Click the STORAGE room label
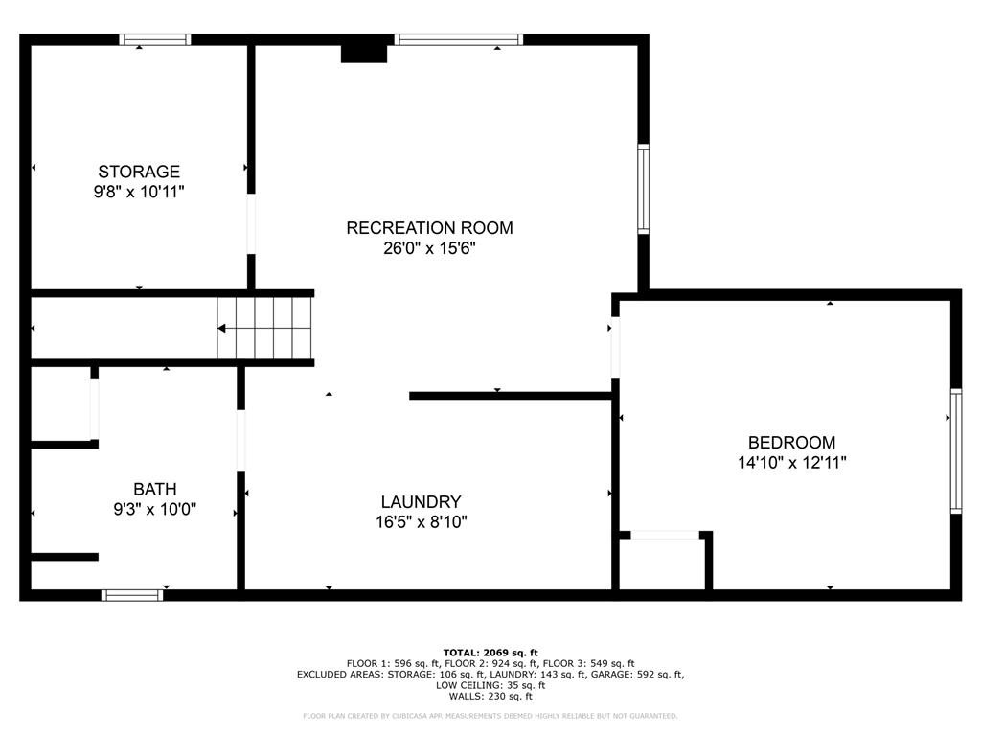click(x=139, y=172)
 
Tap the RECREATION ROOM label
click(x=429, y=228)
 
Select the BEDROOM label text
click(x=791, y=443)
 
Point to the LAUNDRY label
click(x=421, y=502)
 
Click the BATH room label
click(x=154, y=489)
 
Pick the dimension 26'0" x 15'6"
click(x=429, y=248)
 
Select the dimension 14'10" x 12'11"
click(x=791, y=463)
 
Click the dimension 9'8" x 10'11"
click(x=139, y=192)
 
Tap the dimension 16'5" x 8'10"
click(x=421, y=522)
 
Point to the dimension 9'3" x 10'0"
click(x=154, y=509)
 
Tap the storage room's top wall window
click(x=154, y=40)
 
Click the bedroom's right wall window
click(x=955, y=450)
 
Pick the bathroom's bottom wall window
click(x=132, y=595)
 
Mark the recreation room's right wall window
click(x=644, y=189)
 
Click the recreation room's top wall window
click(x=458, y=40)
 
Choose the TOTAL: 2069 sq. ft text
click(x=490, y=652)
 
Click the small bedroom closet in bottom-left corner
click(x=663, y=563)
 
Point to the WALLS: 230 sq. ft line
click(x=490, y=697)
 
